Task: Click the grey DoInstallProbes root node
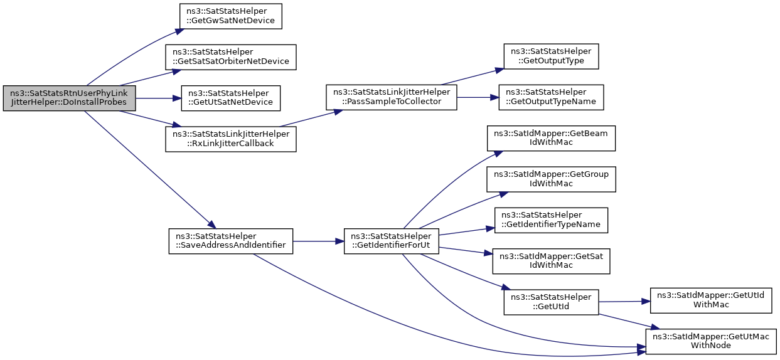click(x=69, y=98)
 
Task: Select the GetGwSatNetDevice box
click(x=230, y=16)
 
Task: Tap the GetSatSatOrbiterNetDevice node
click(x=230, y=57)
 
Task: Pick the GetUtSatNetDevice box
click(x=230, y=98)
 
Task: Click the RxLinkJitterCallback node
click(x=230, y=139)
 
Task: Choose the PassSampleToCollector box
click(x=392, y=97)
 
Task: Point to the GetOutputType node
click(x=551, y=56)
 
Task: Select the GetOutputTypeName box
click(x=551, y=97)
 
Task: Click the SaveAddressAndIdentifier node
click(x=230, y=241)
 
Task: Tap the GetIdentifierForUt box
click(x=392, y=241)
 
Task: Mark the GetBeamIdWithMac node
click(x=551, y=138)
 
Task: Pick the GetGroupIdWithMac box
click(x=551, y=179)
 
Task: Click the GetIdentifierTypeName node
click(x=551, y=220)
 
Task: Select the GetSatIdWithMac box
click(x=551, y=261)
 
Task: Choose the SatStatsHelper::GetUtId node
click(x=551, y=302)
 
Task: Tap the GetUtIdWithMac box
click(x=711, y=300)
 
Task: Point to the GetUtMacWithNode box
click(x=711, y=342)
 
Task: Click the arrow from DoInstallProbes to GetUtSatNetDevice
click(x=158, y=98)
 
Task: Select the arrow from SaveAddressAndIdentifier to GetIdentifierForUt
click(x=318, y=241)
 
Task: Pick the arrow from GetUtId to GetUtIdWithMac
click(x=624, y=302)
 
